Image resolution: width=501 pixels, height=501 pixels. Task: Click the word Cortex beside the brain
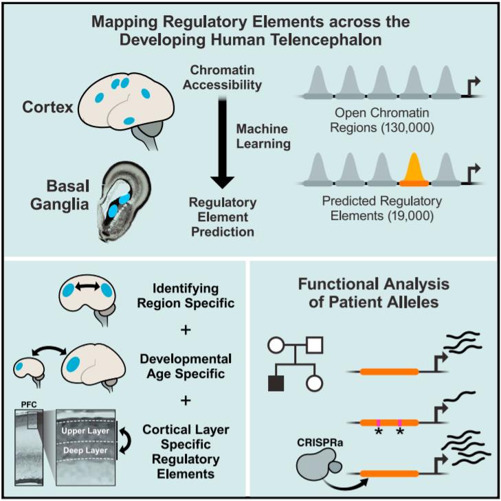click(47, 107)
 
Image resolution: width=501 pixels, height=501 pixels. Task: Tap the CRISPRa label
click(320, 442)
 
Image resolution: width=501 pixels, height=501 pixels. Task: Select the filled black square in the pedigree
click(276, 383)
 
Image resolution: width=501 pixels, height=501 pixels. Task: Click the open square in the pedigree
click(314, 345)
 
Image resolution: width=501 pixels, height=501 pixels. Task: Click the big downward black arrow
click(223, 143)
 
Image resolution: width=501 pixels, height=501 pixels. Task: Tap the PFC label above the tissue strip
click(29, 405)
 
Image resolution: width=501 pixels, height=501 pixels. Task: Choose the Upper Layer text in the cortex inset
click(85, 431)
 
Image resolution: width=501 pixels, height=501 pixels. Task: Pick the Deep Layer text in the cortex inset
click(85, 451)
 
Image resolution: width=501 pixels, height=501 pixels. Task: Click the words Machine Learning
click(263, 137)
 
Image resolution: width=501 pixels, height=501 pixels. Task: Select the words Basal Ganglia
click(60, 195)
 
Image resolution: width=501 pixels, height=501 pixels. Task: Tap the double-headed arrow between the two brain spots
click(87, 287)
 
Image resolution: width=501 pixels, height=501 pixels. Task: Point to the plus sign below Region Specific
click(186, 330)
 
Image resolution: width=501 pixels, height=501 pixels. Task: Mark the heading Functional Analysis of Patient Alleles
click(374, 293)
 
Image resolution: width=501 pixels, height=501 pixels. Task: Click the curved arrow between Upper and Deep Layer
click(126, 441)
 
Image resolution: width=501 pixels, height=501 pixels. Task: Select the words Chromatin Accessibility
click(223, 78)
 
